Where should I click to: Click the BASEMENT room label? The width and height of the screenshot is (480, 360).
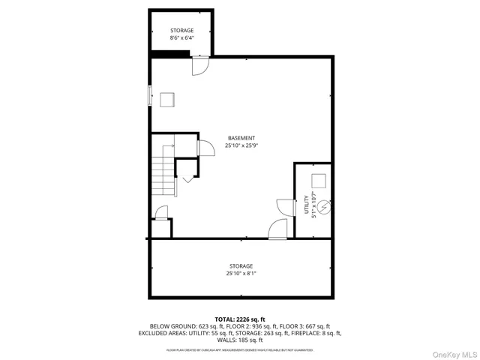point(241,138)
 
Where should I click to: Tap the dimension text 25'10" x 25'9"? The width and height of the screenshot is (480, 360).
point(241,146)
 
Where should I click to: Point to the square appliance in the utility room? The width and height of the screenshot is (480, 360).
point(319,181)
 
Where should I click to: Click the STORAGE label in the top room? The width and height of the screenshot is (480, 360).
point(182,30)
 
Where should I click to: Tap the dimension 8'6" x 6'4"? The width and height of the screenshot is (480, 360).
point(182,37)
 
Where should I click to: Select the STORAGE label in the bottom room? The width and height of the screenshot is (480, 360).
point(241,266)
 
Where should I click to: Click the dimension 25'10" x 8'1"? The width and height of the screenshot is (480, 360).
point(241,274)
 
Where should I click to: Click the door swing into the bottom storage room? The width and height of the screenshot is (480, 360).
point(276,229)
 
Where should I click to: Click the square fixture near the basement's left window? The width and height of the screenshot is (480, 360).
point(166,98)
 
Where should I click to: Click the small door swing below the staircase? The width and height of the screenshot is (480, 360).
point(160,214)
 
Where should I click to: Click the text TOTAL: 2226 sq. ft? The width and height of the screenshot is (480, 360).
point(241,319)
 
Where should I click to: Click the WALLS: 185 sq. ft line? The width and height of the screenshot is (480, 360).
point(241,340)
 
